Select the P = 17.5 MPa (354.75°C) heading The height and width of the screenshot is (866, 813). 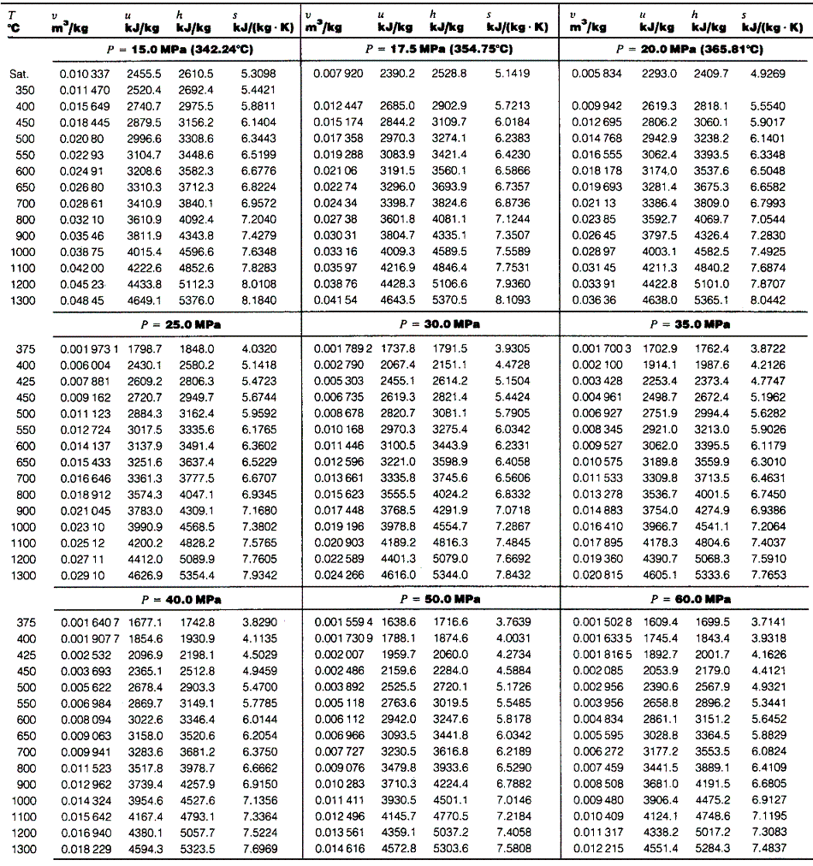430,50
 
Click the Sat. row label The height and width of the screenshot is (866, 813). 20,74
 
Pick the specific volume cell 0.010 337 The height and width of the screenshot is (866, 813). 84,74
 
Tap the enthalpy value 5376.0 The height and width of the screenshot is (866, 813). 196,300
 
